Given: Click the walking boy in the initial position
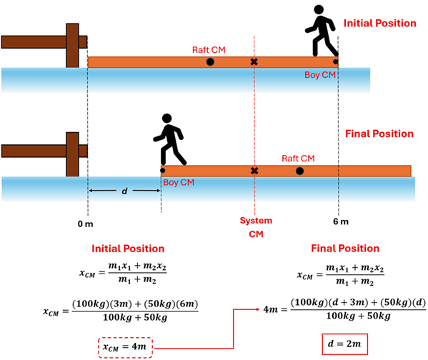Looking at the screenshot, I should [x=320, y=33].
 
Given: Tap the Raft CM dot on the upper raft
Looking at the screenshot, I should [x=210, y=62].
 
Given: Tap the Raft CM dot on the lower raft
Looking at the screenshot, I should [x=299, y=171].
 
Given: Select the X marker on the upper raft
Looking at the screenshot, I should [x=254, y=62].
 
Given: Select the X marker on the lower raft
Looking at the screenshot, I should [x=254, y=171].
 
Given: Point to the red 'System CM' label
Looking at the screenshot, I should [x=256, y=227].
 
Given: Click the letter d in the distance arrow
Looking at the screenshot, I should [x=125, y=191].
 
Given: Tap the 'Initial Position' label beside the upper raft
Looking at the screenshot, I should [x=379, y=24].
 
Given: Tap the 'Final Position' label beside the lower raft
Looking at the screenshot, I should [x=379, y=134].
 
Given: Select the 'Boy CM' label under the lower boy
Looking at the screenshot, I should [x=181, y=182].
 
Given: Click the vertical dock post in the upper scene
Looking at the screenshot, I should [x=72, y=45].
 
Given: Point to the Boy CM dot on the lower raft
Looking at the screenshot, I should [x=162, y=170].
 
